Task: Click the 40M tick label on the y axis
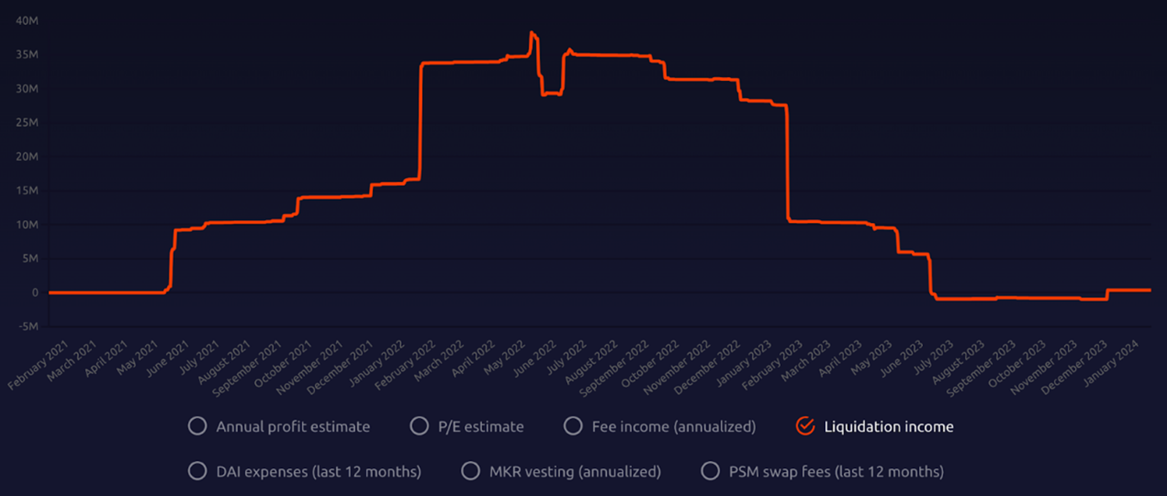click(27, 21)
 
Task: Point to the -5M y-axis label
click(28, 326)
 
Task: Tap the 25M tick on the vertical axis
click(27, 123)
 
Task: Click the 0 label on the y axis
click(35, 292)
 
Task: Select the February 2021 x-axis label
click(38, 366)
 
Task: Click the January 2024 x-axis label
click(1111, 364)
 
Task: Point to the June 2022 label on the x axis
click(535, 359)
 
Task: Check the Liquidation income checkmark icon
click(805, 426)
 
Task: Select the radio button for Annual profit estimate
click(197, 426)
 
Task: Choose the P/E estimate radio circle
click(419, 426)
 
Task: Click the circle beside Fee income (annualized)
click(573, 426)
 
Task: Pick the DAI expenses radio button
click(197, 471)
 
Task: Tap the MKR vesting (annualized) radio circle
click(470, 471)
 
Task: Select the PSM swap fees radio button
click(710, 471)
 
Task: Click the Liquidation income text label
click(888, 427)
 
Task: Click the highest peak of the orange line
click(531, 33)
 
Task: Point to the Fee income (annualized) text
click(673, 427)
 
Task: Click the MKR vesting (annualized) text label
click(575, 472)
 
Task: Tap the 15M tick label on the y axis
click(27, 191)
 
